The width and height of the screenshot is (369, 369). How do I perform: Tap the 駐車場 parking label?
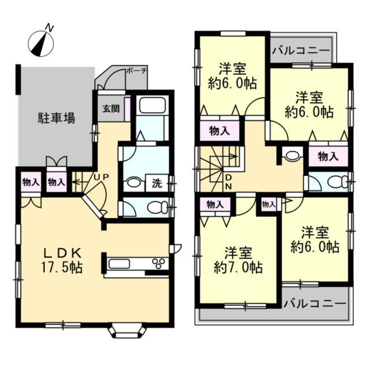click(57, 118)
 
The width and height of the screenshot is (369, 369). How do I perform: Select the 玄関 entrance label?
click(111, 109)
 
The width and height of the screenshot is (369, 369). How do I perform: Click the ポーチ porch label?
click(137, 70)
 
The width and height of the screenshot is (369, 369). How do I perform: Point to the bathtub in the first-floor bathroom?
click(152, 106)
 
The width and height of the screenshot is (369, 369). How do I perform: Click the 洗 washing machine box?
click(157, 183)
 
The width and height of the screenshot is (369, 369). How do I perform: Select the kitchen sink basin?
click(119, 263)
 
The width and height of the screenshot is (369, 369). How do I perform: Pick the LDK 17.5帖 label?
click(62, 261)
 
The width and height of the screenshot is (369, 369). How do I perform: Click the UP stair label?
click(101, 177)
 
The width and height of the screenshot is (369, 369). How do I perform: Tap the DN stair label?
click(228, 182)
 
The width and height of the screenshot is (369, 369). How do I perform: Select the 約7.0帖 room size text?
click(238, 268)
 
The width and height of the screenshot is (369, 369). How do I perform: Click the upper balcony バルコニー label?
click(301, 51)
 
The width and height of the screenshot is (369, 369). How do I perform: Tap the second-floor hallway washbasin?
click(292, 156)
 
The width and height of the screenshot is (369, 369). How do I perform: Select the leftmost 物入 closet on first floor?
click(30, 182)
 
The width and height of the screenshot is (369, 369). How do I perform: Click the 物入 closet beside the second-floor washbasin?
click(328, 156)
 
